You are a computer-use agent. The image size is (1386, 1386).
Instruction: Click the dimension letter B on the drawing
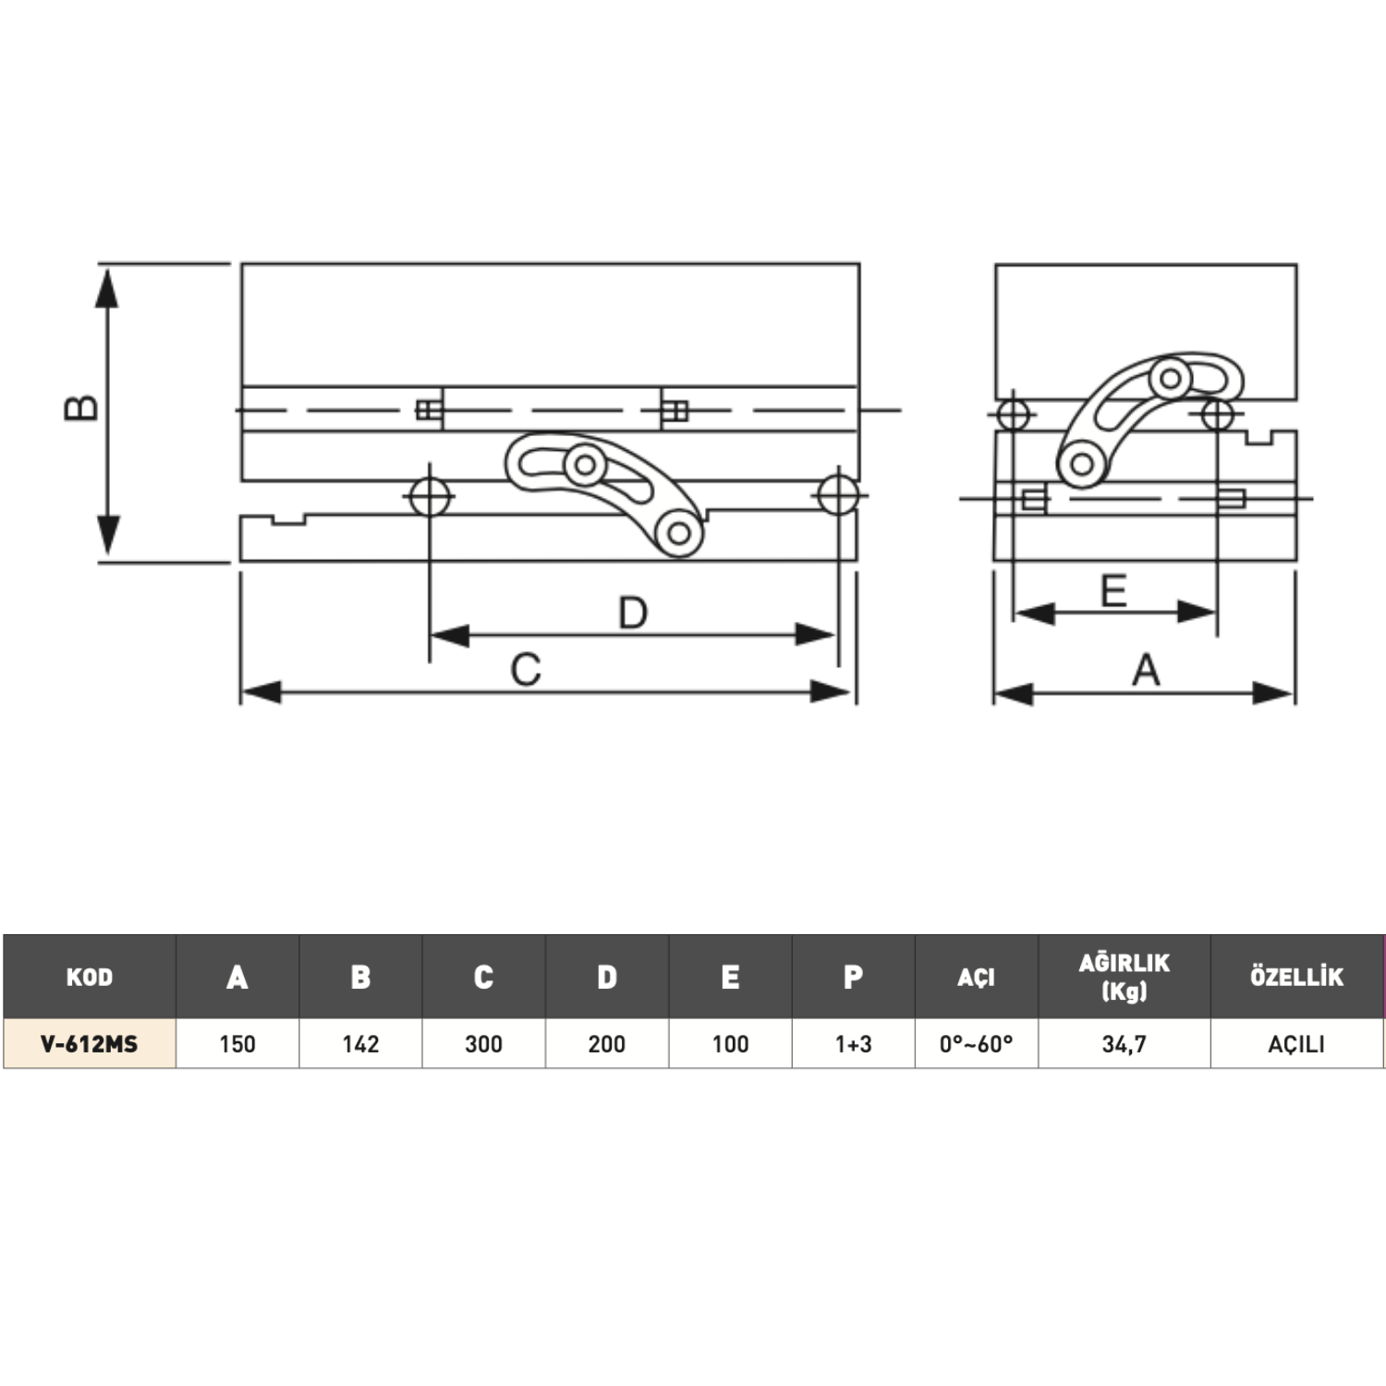click(x=81, y=407)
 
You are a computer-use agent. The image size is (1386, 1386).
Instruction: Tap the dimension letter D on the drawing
click(x=633, y=613)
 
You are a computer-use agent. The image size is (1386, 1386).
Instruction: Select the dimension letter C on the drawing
click(x=526, y=670)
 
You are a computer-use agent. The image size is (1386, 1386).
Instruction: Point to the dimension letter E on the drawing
click(x=1114, y=590)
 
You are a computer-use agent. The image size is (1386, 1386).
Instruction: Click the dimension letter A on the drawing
click(x=1146, y=670)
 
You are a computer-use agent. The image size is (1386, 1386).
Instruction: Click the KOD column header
click(x=90, y=977)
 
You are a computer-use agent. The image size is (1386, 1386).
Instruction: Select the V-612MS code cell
click(x=90, y=1044)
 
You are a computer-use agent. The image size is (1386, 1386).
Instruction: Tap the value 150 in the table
click(x=237, y=1044)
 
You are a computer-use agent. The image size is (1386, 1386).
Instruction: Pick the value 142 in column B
click(x=360, y=1044)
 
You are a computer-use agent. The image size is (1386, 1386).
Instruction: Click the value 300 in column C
click(x=483, y=1044)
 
